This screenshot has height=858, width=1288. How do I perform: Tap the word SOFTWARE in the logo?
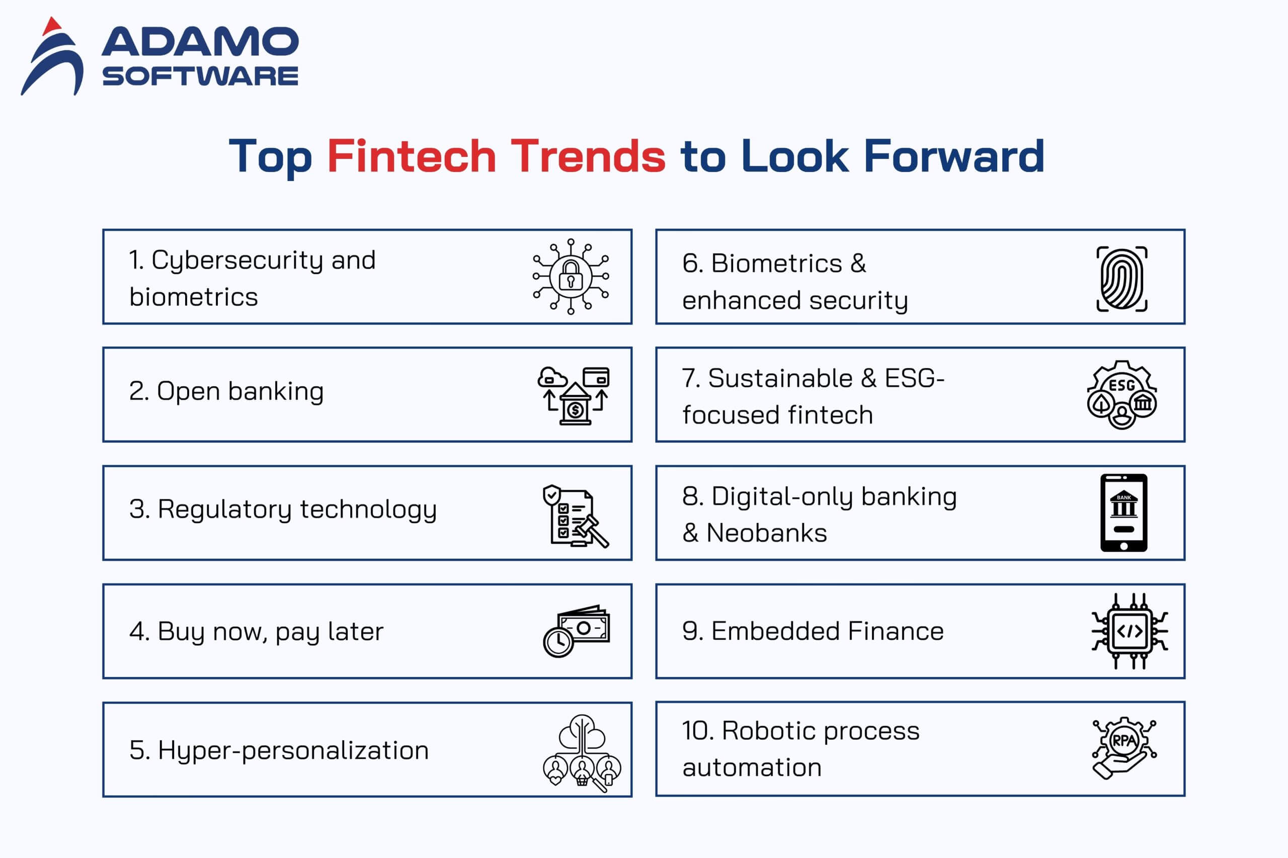(x=200, y=75)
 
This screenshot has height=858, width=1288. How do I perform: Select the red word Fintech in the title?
(x=412, y=156)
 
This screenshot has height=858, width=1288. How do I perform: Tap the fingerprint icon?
(x=1121, y=279)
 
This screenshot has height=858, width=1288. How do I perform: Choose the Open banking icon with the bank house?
(x=574, y=395)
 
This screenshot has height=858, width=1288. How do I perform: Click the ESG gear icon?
(x=1121, y=394)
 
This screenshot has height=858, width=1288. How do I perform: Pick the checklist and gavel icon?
(x=575, y=516)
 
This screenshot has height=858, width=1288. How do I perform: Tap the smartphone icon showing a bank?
(x=1124, y=512)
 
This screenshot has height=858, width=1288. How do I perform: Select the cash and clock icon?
(x=576, y=631)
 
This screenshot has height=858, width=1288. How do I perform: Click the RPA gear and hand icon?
(x=1124, y=747)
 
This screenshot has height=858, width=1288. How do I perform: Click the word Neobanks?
(x=766, y=533)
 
